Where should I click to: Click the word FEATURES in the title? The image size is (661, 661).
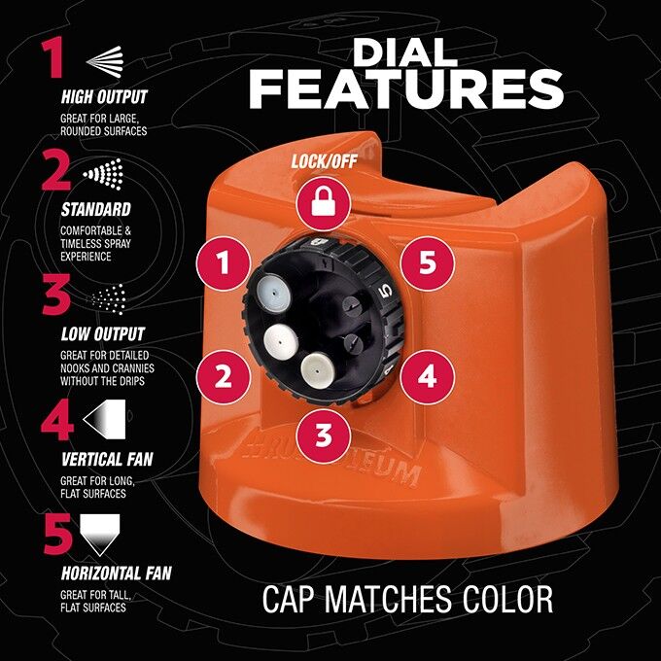point(406,88)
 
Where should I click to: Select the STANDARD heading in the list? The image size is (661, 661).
point(95,209)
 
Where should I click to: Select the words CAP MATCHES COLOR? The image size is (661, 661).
point(407,599)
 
